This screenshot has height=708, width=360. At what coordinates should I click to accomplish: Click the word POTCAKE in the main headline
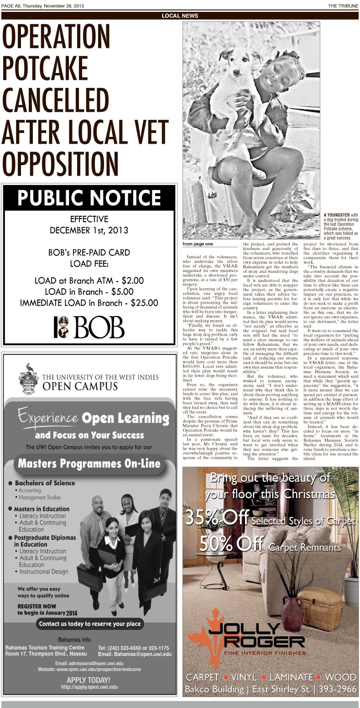45,68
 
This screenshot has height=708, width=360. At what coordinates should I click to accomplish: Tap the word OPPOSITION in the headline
60,162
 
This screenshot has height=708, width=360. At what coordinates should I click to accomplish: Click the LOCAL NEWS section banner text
180,16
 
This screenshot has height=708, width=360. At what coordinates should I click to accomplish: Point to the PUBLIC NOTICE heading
89,198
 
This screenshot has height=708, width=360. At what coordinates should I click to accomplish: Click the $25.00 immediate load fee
144,302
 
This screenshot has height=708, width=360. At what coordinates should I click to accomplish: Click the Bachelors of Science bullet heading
45,483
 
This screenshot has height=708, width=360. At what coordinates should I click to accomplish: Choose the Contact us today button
90,624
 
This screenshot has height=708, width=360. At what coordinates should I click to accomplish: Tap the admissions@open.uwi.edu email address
89,663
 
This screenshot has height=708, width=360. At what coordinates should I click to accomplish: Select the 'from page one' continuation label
198,244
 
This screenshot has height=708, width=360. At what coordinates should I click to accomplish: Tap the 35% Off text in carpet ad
216,518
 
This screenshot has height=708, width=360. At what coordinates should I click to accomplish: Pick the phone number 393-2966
336,689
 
